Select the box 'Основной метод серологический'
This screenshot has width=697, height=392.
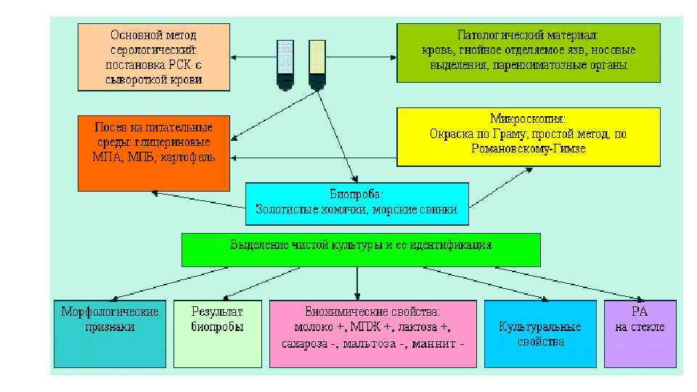coord(153,57)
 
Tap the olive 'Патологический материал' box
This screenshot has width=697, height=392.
coord(528,52)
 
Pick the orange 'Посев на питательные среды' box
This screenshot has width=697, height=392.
coord(153,152)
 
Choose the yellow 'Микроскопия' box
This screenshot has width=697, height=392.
coord(528,137)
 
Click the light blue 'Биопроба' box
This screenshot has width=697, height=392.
coord(356,203)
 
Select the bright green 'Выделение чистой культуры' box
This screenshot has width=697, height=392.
coord(361,249)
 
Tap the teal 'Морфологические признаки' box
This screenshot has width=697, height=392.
coord(109,333)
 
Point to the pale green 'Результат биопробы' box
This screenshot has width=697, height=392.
coord(217,333)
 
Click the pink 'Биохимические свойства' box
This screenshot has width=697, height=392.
coord(373,333)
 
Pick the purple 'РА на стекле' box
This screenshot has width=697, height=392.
coord(640,333)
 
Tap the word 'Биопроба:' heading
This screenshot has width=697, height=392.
coord(356,194)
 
